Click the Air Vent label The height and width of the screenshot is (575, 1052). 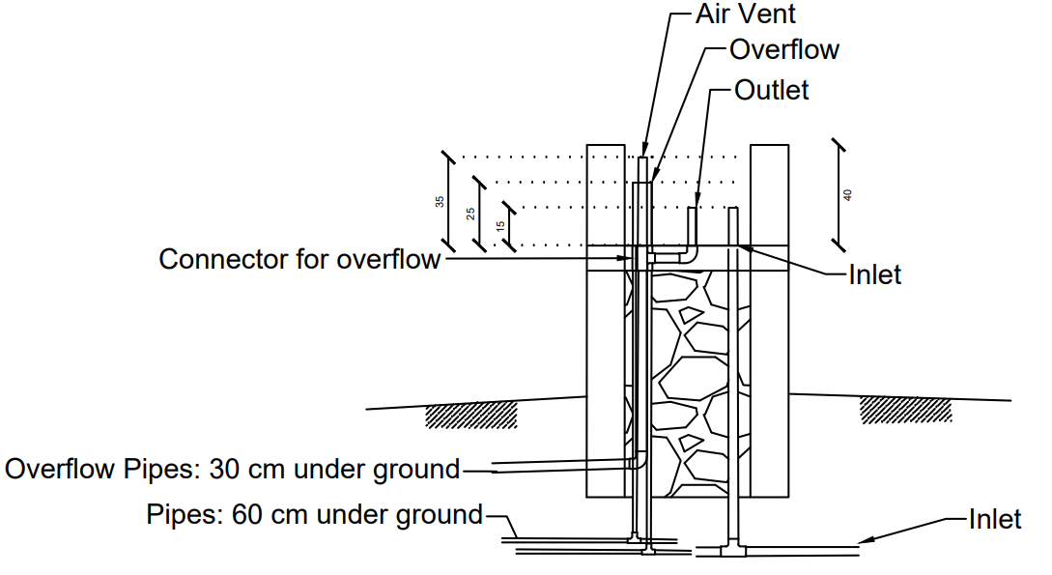click(745, 14)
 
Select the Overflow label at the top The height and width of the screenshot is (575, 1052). click(783, 49)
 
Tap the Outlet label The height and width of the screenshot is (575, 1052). click(772, 90)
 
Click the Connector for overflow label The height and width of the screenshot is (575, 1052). click(299, 259)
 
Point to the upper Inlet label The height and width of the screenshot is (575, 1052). click(874, 274)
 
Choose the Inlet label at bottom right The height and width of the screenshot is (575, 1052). click(995, 519)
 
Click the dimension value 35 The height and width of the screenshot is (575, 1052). click(440, 201)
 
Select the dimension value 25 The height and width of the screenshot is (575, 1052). click(470, 214)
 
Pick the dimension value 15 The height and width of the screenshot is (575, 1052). click(500, 227)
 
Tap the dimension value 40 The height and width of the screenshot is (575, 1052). click(847, 194)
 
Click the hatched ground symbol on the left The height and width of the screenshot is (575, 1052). click(471, 416)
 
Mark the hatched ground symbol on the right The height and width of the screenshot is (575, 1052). click(906, 410)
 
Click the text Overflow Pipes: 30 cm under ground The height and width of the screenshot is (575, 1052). click(232, 469)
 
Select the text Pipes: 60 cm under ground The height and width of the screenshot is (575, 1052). click(315, 515)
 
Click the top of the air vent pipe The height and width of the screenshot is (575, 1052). click(642, 158)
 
